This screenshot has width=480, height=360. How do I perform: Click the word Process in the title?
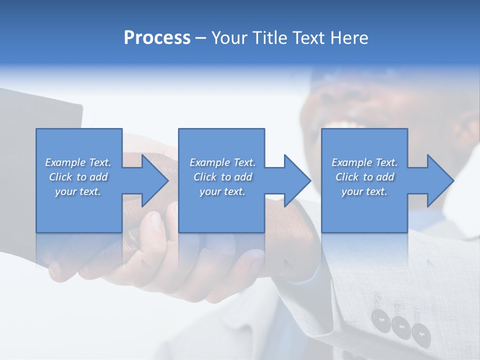157,38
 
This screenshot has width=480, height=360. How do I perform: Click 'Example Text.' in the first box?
78,162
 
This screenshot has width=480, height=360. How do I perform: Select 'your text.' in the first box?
78,191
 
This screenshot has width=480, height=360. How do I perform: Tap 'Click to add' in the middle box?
222,177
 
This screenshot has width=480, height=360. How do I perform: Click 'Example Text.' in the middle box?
222,162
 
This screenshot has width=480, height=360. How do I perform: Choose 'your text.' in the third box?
364,191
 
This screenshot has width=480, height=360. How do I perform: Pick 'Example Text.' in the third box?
364,162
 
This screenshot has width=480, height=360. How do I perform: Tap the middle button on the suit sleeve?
400,326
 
